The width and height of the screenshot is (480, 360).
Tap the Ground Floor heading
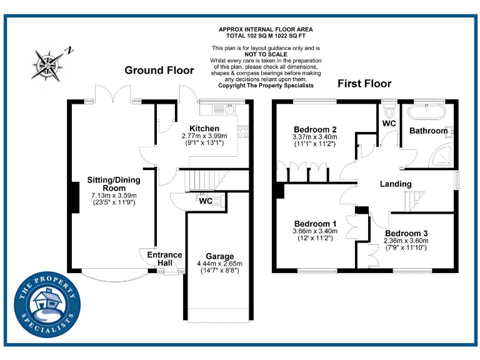pyautogui.click(x=159, y=70)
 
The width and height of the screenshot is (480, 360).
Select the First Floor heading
pyautogui.click(x=364, y=83)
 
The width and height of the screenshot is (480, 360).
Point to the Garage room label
pyautogui.click(x=220, y=256)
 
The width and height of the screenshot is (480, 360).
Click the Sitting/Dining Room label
pyautogui.click(x=113, y=184)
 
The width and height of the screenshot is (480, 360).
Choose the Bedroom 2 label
pyautogui.click(x=314, y=129)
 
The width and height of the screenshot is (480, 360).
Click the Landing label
pyautogui.click(x=396, y=184)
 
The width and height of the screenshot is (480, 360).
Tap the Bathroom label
pyautogui.click(x=428, y=131)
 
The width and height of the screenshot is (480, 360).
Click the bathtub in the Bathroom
pyautogui.click(x=426, y=113)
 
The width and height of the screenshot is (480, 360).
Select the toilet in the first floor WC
pyautogui.click(x=391, y=112)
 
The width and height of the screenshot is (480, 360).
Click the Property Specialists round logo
pyautogui.click(x=47, y=305)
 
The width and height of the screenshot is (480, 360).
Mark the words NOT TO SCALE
pyautogui.click(x=266, y=54)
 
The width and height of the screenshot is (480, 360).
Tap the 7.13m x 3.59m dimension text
pyautogui.click(x=113, y=195)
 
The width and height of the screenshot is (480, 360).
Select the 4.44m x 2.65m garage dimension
pyautogui.click(x=220, y=264)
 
